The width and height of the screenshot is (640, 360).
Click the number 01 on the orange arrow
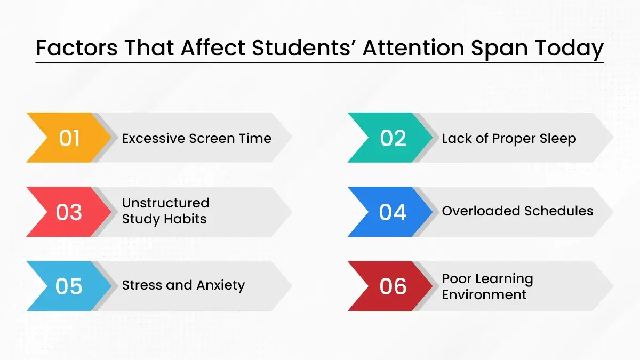(x=69, y=138)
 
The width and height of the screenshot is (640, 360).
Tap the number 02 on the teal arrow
(x=393, y=138)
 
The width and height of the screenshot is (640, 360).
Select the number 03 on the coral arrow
(x=69, y=212)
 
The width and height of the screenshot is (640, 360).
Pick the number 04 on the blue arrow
(x=393, y=212)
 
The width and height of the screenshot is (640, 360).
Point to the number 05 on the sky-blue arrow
(x=69, y=286)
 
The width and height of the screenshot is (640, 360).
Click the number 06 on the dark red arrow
(x=393, y=286)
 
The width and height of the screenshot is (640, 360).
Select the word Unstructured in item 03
(x=165, y=203)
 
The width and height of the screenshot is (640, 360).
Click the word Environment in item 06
(x=484, y=294)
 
